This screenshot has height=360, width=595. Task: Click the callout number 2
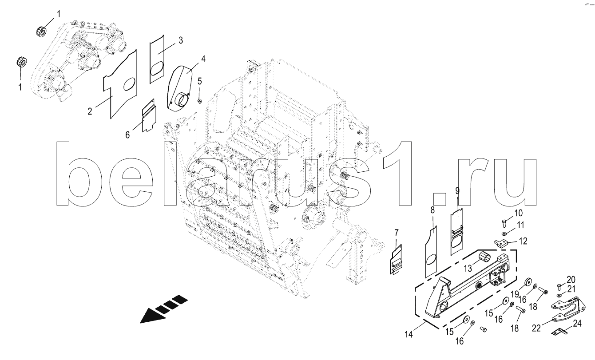90,111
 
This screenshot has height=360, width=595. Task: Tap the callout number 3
181,40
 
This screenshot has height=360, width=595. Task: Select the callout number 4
203,59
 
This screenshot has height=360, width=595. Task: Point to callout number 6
127,135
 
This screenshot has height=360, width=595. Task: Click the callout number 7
397,233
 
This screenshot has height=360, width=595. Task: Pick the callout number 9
457,190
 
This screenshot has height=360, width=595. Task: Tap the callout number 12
523,241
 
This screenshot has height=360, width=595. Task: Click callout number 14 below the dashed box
409,334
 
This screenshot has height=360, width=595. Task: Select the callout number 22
536,328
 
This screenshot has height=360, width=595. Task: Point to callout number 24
577,323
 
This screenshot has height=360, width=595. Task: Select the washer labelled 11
504,234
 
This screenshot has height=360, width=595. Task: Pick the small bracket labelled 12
501,243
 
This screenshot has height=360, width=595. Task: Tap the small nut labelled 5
200,101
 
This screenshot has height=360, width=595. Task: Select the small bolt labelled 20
559,286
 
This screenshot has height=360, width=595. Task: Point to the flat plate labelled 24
559,332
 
